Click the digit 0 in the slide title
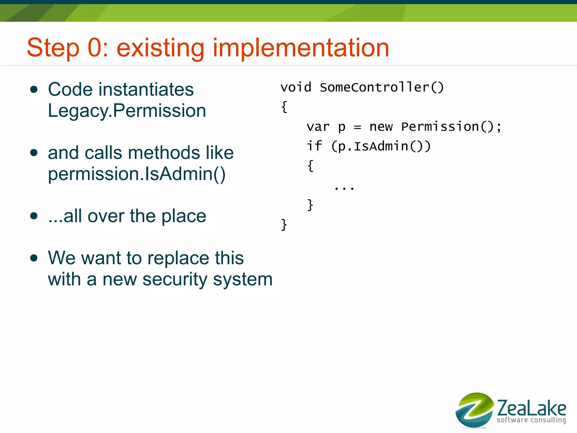[96, 48]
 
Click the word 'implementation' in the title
[301, 48]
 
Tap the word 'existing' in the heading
[160, 48]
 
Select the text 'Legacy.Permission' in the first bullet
[127, 111]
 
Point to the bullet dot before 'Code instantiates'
[34, 90]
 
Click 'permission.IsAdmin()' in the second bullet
[137, 174]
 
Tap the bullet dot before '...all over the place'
[34, 216]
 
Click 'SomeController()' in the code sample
[382, 87]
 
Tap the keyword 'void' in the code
[296, 87]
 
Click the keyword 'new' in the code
[381, 127]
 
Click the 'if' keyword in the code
[314, 146]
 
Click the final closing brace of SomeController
[284, 225]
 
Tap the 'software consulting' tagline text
[531, 420]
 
